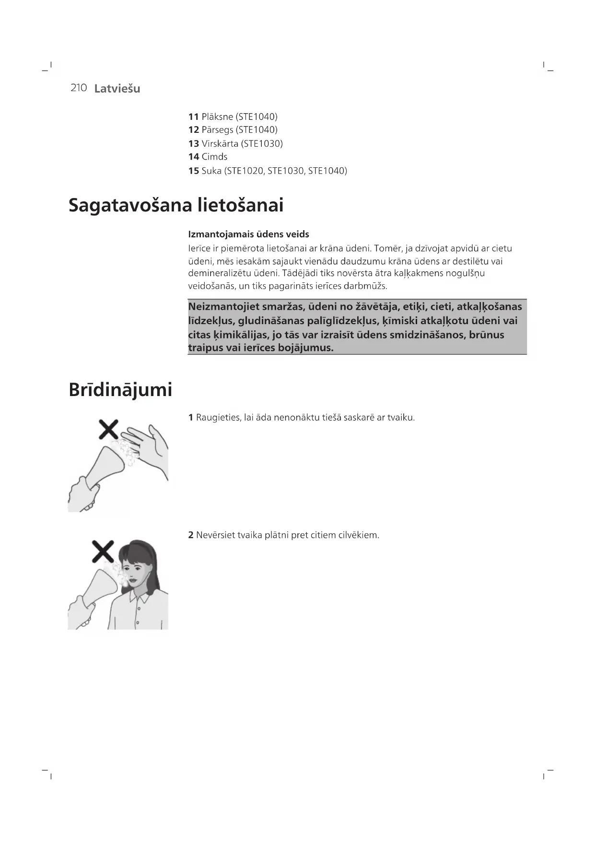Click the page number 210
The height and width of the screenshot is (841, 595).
79,88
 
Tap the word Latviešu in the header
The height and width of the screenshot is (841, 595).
117,89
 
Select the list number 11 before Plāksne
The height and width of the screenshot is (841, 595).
193,117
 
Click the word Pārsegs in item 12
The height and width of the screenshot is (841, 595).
217,130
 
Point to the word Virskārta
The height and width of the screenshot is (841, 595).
220,143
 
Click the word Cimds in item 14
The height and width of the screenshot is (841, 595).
214,157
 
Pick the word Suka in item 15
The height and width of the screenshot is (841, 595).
211,171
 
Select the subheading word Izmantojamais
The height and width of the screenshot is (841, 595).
220,234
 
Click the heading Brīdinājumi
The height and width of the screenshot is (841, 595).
120,389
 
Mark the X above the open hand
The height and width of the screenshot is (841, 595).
108,429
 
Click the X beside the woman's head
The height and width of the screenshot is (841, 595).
103,551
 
